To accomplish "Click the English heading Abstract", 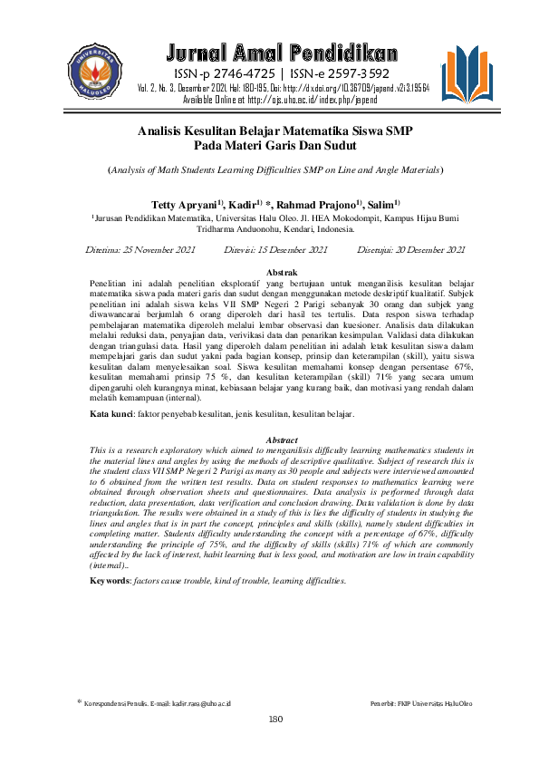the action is pos(282,440).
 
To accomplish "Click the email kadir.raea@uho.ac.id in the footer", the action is pos(190,704).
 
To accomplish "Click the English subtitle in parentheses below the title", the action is pos(275,169).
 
